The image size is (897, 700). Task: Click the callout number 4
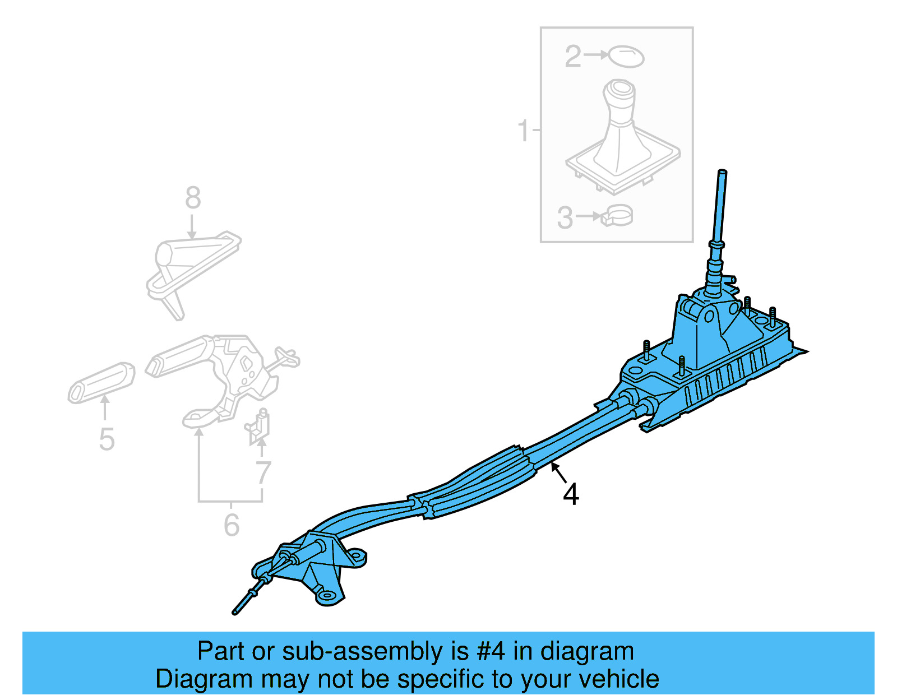[x=571, y=495]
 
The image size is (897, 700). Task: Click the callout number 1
[x=523, y=131]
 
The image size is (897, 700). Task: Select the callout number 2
[x=573, y=57]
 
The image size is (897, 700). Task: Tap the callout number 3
[x=565, y=218]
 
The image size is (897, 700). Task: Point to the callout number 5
[x=107, y=439]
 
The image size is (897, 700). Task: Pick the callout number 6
[x=231, y=525]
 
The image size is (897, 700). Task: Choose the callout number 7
[x=263, y=472]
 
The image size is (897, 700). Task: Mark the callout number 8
[x=193, y=198]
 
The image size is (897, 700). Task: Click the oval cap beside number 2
[x=626, y=57]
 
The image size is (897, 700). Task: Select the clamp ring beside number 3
[x=617, y=216]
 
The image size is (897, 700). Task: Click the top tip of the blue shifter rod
[x=722, y=172]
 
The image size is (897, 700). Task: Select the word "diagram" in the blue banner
[x=587, y=652]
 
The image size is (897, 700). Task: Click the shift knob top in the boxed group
[x=621, y=90]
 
